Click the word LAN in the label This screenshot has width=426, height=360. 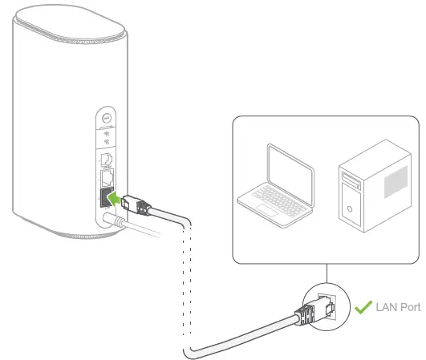pos(387,307)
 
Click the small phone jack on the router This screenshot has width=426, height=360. pos(105,157)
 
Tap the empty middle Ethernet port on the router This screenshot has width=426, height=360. pos(105,176)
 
